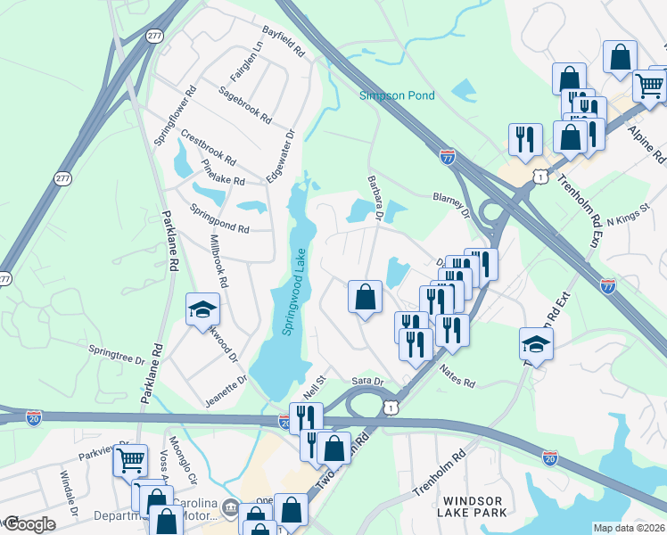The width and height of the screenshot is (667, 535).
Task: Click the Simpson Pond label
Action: [396, 95]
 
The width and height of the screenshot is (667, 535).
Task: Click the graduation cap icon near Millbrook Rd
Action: [202, 310]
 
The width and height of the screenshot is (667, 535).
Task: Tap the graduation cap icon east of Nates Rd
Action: [536, 343]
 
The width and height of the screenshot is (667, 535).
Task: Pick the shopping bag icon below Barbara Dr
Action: [365, 296]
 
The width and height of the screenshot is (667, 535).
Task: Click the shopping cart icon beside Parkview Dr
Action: [130, 461]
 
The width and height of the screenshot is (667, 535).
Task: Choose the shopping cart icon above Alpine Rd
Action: [650, 86]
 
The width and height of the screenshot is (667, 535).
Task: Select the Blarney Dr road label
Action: [450, 205]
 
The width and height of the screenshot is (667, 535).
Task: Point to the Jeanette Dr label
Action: [226, 390]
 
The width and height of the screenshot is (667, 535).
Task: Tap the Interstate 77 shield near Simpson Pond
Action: [448, 157]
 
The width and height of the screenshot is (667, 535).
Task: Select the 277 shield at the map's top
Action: [154, 36]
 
